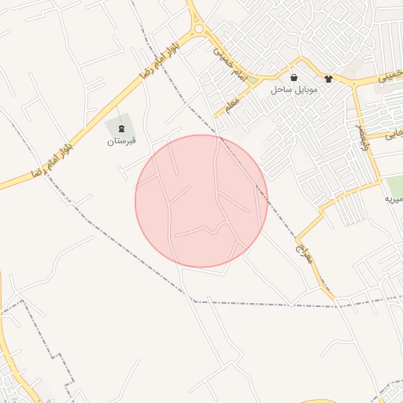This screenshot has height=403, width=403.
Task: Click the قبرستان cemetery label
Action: (121, 142)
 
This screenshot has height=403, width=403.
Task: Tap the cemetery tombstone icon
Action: (121, 128)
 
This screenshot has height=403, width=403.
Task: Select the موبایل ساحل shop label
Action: (294, 90)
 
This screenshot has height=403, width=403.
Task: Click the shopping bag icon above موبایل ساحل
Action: (294, 78)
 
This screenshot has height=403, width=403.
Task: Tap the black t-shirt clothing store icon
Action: (328, 78)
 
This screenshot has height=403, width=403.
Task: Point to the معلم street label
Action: (233, 105)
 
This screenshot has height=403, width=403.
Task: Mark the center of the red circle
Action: (201, 201)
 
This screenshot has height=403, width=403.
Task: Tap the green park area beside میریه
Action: (394, 187)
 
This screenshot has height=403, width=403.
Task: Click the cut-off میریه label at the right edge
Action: (393, 200)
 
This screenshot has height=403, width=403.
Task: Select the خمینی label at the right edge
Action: (391, 76)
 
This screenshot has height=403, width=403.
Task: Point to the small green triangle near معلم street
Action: (252, 79)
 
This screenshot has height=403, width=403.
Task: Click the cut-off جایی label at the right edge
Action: (394, 135)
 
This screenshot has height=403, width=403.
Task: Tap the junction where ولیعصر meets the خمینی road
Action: (353, 83)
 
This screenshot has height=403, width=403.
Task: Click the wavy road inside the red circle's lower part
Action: (203, 229)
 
